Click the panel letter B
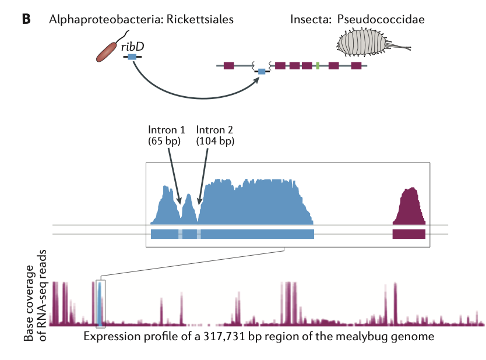pos(26,19)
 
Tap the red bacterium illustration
pos(108,51)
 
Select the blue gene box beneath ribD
pos(132,57)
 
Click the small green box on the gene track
pos(318,66)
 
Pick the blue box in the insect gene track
pos(261,71)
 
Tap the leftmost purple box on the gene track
pos(228,66)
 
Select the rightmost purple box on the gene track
pos(355,66)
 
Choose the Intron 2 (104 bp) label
pos(215,135)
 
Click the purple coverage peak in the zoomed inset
pos(411,206)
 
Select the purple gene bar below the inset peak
pos(409,234)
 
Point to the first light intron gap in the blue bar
pos(181,234)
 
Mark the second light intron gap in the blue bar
pos(199,234)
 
